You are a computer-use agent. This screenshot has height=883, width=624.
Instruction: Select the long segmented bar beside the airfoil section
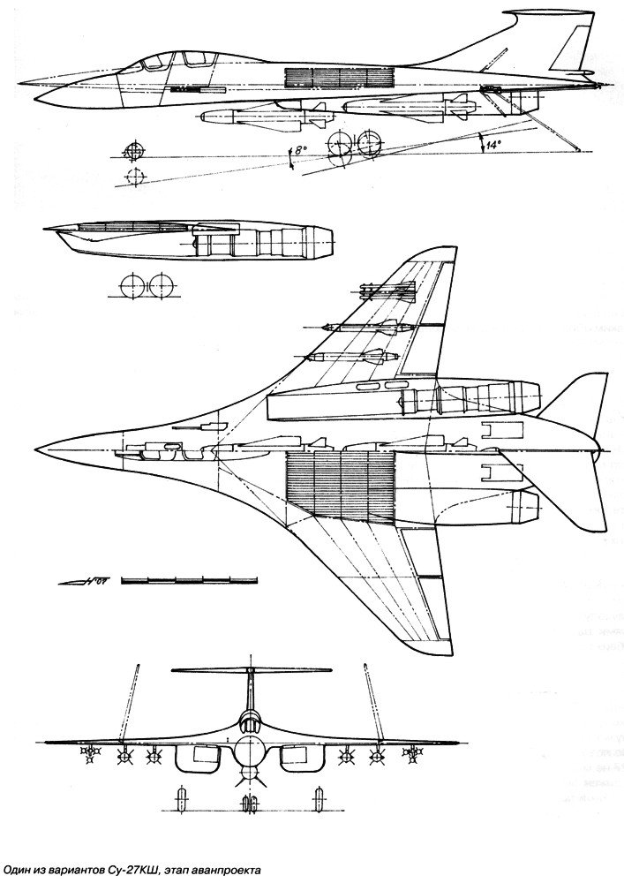coord(191,578)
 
